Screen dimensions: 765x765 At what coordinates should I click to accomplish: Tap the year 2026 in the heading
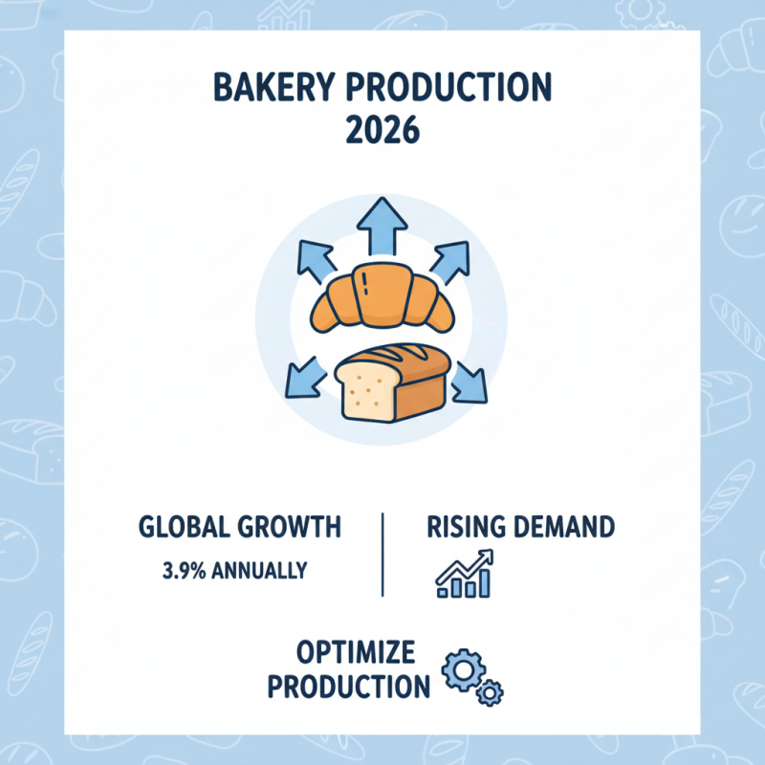tap(382, 129)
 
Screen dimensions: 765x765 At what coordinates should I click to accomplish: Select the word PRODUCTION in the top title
tap(458, 89)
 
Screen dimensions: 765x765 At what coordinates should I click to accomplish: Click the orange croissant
tap(382, 295)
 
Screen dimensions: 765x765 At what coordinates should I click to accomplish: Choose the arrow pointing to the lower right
tap(468, 380)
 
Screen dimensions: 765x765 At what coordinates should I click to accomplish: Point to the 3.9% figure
tap(181, 571)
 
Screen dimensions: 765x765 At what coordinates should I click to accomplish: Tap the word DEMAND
tap(565, 528)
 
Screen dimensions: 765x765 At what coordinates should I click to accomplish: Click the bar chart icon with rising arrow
tap(464, 575)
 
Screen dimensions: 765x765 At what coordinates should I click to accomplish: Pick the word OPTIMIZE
tap(356, 654)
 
